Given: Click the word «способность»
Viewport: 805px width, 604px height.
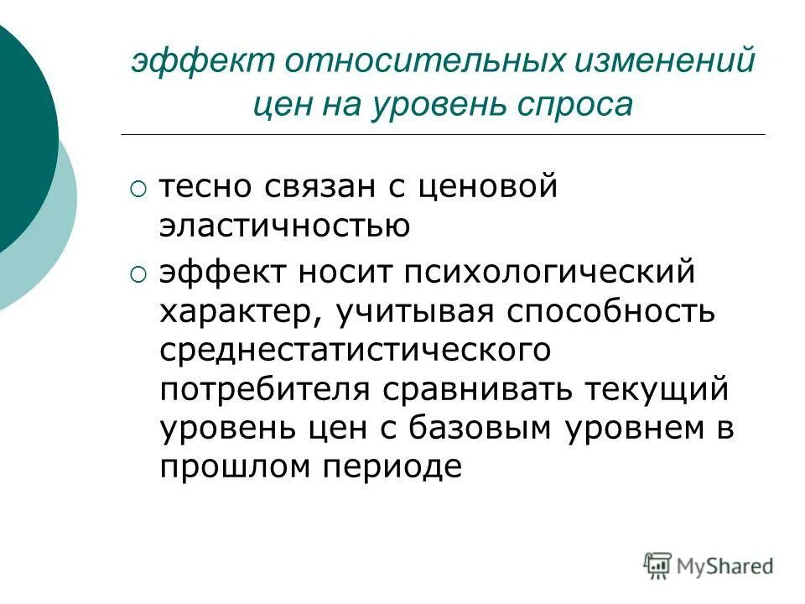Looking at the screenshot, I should (610, 313).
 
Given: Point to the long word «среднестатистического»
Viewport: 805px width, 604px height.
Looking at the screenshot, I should (356, 350).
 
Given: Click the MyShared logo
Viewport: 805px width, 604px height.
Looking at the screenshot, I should (709, 565).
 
